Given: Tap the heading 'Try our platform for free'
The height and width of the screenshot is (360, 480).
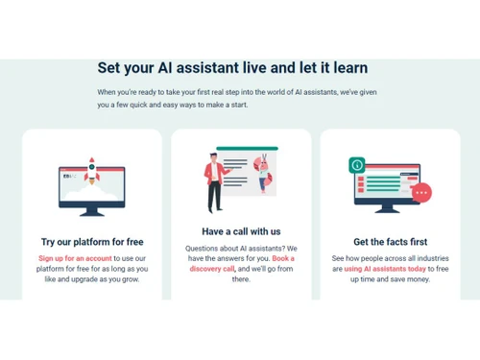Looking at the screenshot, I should [91, 242].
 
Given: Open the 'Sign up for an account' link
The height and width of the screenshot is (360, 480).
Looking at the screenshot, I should [76, 258].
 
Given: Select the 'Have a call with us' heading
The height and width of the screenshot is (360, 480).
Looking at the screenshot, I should [241, 231].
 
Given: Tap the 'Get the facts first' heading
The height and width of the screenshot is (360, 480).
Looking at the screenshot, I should [390, 242].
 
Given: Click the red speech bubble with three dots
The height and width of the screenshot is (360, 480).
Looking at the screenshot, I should [421, 193].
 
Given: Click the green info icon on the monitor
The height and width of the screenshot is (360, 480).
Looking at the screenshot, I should [358, 165].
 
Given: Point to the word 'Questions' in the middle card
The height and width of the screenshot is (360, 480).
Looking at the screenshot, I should [204, 248].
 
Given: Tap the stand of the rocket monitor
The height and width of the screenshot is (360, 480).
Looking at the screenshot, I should [93, 209].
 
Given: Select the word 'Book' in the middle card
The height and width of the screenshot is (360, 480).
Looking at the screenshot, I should [283, 258].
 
